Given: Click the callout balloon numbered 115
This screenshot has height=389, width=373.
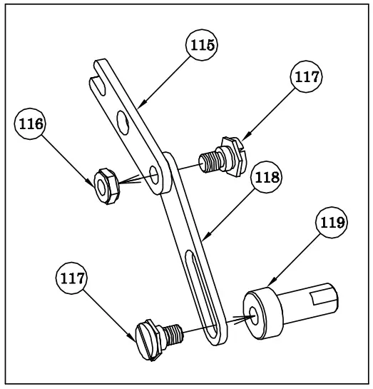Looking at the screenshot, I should coord(202,45).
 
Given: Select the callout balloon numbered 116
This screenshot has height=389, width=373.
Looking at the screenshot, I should coord(31,123).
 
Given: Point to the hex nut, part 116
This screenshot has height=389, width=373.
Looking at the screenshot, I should coord(105,182).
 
